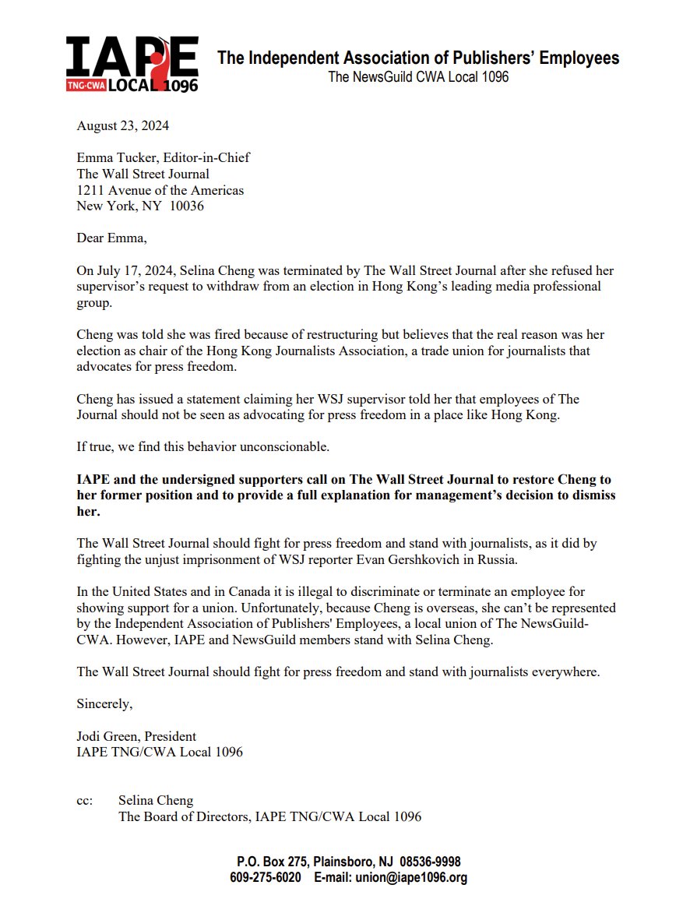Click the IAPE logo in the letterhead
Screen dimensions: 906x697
pyautogui.click(x=132, y=64)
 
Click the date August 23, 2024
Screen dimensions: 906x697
pyautogui.click(x=122, y=125)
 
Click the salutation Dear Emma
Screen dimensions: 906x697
pyautogui.click(x=111, y=238)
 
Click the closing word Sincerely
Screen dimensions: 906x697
pyautogui.click(x=104, y=703)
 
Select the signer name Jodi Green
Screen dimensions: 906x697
pyautogui.click(x=108, y=736)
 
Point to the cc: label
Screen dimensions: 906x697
pyautogui.click(x=85, y=800)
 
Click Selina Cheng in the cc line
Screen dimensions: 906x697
pyautogui.click(x=156, y=800)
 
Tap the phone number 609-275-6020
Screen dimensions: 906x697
pyautogui.click(x=266, y=877)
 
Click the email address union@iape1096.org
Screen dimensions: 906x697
pyautogui.click(x=411, y=877)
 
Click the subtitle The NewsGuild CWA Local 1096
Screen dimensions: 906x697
pyautogui.click(x=418, y=77)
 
